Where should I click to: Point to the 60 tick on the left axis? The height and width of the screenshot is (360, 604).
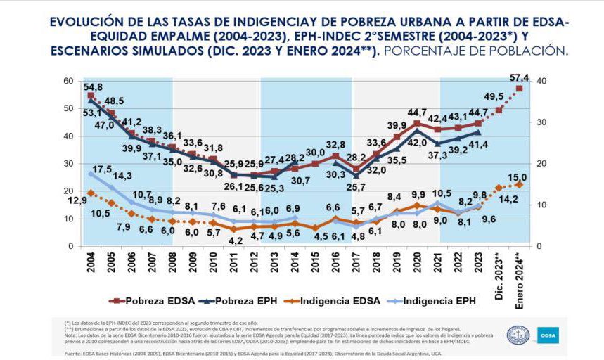69,82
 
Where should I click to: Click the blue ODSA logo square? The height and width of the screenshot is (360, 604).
548,335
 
